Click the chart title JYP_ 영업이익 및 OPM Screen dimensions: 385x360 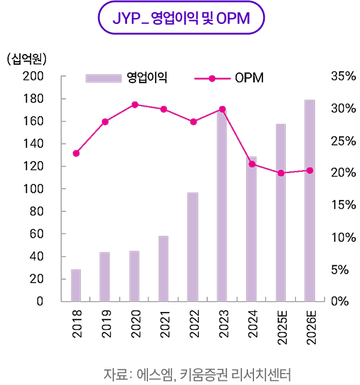180,21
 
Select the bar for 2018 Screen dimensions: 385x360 75,286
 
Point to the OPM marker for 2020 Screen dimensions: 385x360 134,105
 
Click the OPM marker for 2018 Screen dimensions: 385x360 75,153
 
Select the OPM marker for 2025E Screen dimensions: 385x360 280,173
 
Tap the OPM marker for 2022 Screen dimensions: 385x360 193,122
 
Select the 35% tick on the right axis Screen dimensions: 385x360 343,77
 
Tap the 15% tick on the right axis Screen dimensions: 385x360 343,205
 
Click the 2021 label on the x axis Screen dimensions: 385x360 164,323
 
